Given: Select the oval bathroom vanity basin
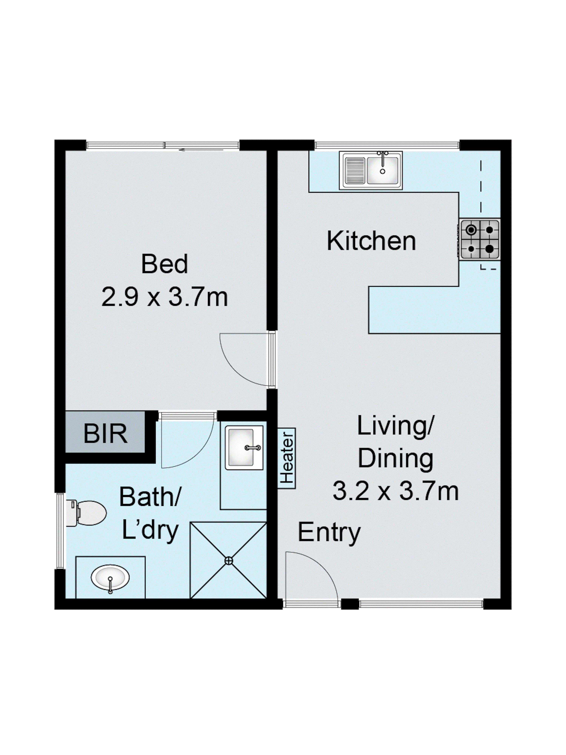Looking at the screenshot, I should (110, 578).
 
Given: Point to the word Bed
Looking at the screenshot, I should (165, 264).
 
